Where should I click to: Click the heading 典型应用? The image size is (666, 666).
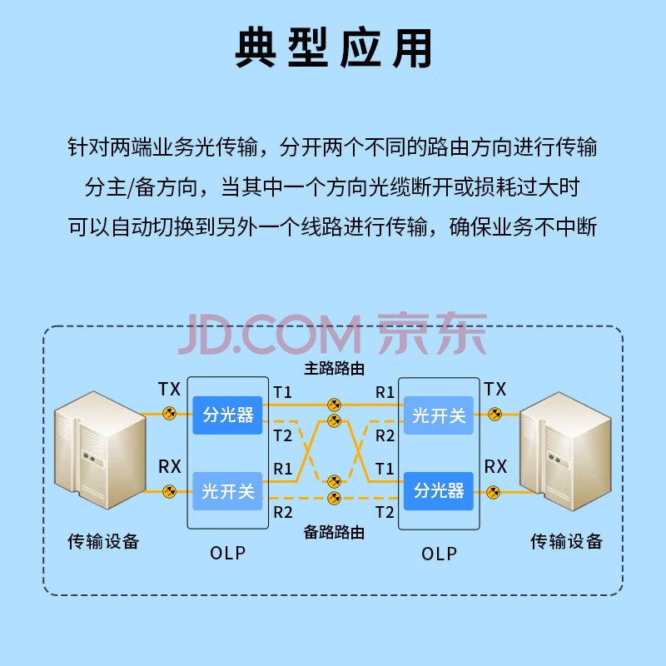click(x=333, y=49)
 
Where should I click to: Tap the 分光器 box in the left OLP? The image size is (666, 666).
click(x=228, y=414)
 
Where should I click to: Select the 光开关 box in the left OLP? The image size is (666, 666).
click(x=228, y=491)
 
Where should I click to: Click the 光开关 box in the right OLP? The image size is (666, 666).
click(x=439, y=414)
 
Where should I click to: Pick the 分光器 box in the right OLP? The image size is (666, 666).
click(x=439, y=491)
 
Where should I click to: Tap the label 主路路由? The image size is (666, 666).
click(x=334, y=367)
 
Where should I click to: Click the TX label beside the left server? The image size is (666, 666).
click(x=169, y=389)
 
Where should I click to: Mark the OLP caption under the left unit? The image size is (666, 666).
click(x=228, y=553)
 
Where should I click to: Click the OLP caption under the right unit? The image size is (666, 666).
click(x=439, y=553)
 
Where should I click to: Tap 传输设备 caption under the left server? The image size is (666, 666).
click(x=102, y=542)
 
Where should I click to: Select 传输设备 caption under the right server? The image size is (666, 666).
click(x=566, y=542)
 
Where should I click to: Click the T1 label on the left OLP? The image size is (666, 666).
click(x=283, y=391)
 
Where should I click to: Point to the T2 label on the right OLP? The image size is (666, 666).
click(x=384, y=512)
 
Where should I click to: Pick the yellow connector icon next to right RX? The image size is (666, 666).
click(x=495, y=491)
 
